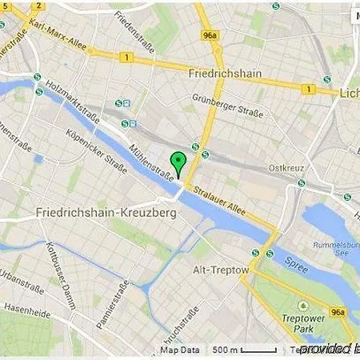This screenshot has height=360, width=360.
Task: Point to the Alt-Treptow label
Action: coord(222,271)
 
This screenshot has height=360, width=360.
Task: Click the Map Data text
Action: coord(179,350)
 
